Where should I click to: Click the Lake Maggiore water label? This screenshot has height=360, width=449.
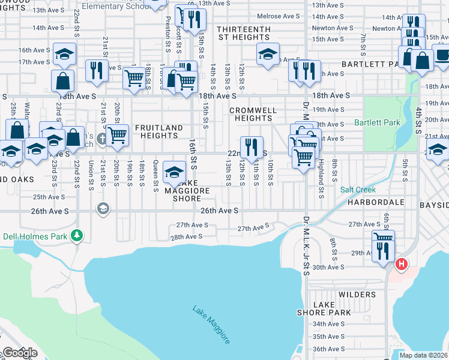[211, 326]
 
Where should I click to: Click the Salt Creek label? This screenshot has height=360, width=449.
[358, 190]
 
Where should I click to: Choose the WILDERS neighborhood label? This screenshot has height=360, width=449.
[357, 295]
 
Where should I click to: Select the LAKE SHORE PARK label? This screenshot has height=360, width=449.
[324, 308]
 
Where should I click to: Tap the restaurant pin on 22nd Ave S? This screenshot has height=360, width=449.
[252, 146]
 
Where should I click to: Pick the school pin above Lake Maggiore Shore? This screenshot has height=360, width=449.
[174, 172]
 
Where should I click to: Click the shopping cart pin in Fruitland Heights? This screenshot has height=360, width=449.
[118, 135]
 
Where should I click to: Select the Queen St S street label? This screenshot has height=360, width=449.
[155, 172]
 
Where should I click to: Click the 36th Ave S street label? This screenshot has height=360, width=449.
[328, 349]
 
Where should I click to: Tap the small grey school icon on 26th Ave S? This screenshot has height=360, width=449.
[103, 208]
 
